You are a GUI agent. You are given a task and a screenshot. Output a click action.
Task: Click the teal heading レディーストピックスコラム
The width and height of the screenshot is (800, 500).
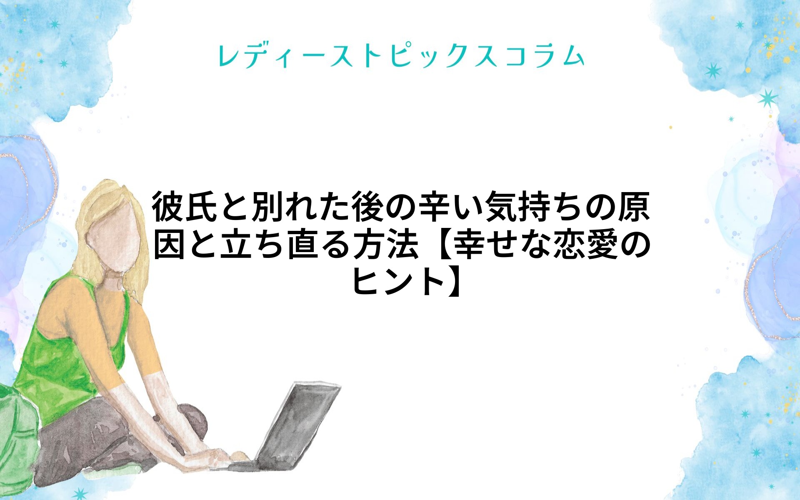tap(401, 56)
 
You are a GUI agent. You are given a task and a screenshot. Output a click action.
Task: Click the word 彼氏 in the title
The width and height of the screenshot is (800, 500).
tap(185, 207)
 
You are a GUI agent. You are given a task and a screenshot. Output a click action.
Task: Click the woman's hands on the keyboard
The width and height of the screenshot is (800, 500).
tap(217, 456)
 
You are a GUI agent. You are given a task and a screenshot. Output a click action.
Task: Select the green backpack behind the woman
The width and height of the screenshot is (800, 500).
tap(19, 433)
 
